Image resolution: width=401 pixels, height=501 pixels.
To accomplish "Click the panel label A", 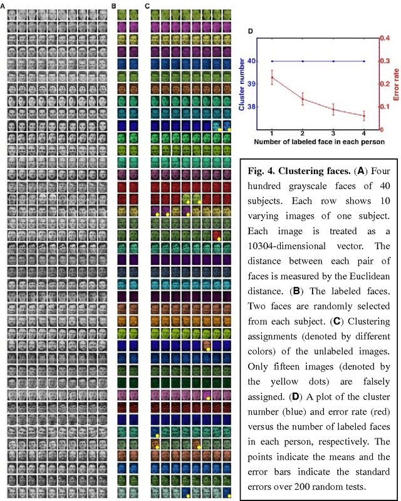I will [x=9, y=6].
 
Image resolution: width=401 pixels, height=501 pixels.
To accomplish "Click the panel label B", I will [x=113, y=6].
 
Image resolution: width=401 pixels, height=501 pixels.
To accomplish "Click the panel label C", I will [x=147, y=6].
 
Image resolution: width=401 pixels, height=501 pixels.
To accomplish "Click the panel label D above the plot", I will [x=251, y=31].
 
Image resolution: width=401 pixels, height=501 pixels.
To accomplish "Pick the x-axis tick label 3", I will [x=333, y=134].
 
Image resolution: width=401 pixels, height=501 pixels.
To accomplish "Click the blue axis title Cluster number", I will [x=242, y=84].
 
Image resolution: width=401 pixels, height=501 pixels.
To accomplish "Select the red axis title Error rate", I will [x=396, y=84].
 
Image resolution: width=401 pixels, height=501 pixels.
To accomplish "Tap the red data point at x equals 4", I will [x=364, y=116].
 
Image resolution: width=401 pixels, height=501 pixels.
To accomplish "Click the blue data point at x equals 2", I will [x=303, y=61].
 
